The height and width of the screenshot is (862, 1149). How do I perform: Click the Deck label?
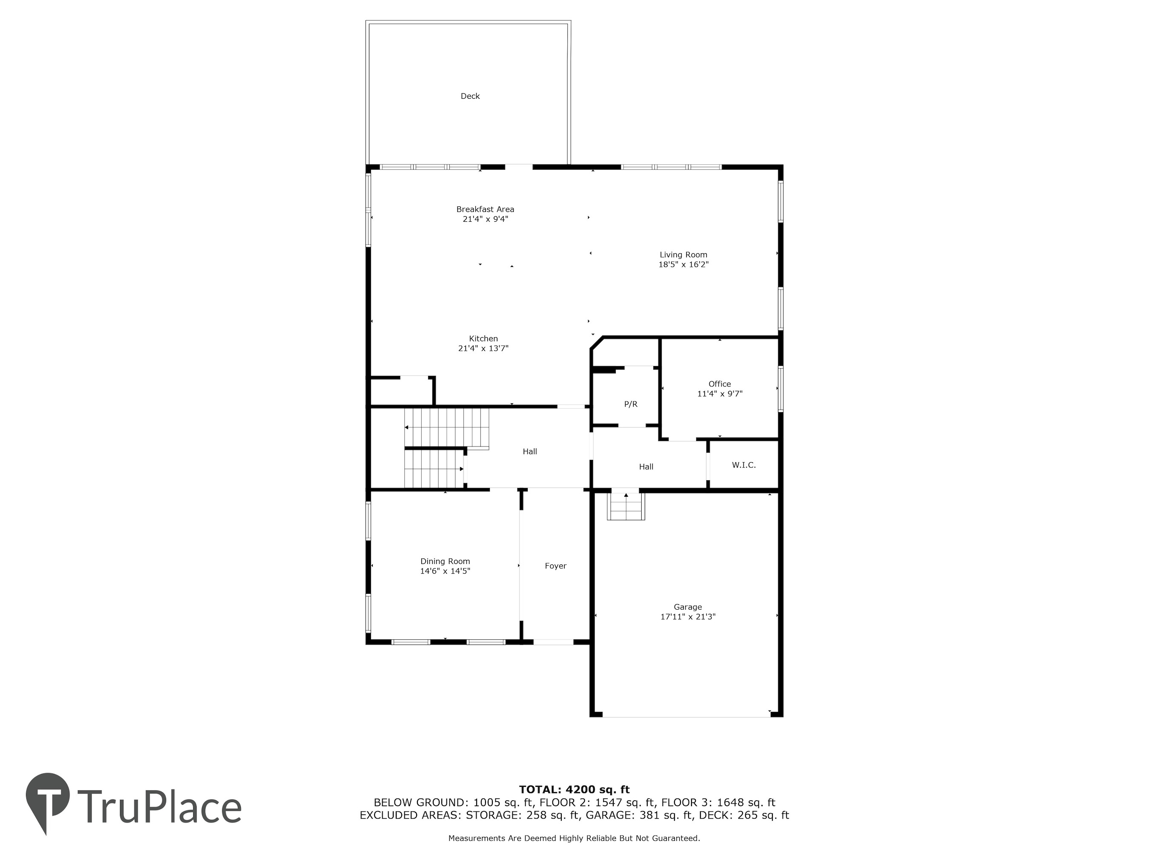[470, 96]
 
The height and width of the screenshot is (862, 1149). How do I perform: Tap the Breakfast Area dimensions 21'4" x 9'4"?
[485, 219]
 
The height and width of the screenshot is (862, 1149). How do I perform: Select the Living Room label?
[683, 255]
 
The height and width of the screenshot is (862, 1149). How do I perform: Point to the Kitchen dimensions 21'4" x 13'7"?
[483, 349]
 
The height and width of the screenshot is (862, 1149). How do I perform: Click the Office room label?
[720, 384]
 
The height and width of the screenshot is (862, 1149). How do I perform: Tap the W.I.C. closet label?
[744, 465]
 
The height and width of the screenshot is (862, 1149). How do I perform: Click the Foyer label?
[555, 566]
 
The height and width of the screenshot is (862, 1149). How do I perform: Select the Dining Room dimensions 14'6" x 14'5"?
[445, 571]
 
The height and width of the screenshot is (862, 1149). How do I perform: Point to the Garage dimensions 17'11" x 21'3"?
[688, 617]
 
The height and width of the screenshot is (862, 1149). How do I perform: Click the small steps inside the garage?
[626, 506]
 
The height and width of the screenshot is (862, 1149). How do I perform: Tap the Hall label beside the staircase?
[530, 452]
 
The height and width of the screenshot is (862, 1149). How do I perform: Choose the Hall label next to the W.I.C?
[646, 467]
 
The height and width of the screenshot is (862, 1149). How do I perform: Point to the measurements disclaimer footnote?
[574, 838]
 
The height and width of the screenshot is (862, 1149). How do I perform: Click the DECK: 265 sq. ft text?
[744, 815]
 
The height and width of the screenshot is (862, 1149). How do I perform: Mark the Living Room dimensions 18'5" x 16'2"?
[683, 264]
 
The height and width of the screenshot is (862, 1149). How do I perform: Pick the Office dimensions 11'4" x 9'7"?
[720, 394]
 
